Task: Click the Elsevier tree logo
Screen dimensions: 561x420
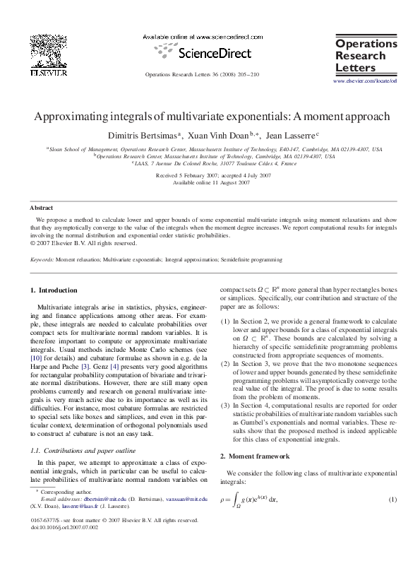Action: pyautogui.click(x=48, y=49)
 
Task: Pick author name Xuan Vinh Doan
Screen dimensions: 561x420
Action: pyautogui.click(x=225, y=134)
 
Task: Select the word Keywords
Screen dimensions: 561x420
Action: pyautogui.click(x=42, y=260)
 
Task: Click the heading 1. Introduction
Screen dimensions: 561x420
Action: pyautogui.click(x=54, y=290)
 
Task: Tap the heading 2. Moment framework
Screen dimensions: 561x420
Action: pyautogui.click(x=255, y=456)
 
